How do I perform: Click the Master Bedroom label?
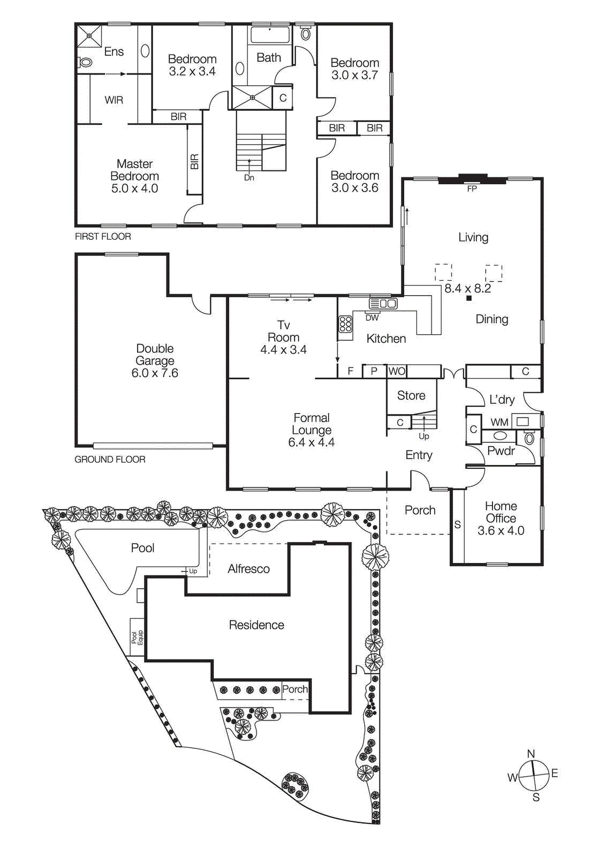(134, 170)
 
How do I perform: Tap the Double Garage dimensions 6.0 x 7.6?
(155, 373)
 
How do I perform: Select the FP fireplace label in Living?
(472, 189)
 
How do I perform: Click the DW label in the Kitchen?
(372, 318)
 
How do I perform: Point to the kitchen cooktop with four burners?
(345, 325)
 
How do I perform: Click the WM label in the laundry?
(499, 423)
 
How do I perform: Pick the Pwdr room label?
(501, 451)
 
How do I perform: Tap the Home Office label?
(501, 512)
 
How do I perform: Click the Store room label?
(411, 395)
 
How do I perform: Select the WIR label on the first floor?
(114, 100)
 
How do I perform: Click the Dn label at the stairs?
(249, 178)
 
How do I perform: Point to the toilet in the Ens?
(85, 63)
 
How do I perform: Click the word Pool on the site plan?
(142, 548)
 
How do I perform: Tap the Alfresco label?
(248, 569)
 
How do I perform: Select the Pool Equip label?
(137, 637)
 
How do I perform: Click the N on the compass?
(531, 754)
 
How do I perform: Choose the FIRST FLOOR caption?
(103, 236)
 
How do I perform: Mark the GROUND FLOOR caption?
(110, 460)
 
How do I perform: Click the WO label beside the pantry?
(397, 371)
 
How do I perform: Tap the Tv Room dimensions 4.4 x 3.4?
(283, 350)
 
